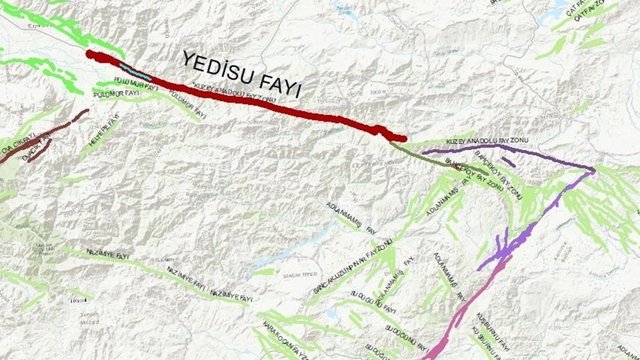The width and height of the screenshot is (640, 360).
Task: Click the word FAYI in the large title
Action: point(282,85)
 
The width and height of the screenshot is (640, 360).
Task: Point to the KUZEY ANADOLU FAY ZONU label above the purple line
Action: point(486,140)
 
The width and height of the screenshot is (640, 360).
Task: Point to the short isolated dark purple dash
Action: point(508,162)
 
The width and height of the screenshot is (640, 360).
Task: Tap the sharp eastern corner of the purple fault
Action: point(593,171)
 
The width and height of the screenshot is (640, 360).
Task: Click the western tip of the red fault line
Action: point(89,53)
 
